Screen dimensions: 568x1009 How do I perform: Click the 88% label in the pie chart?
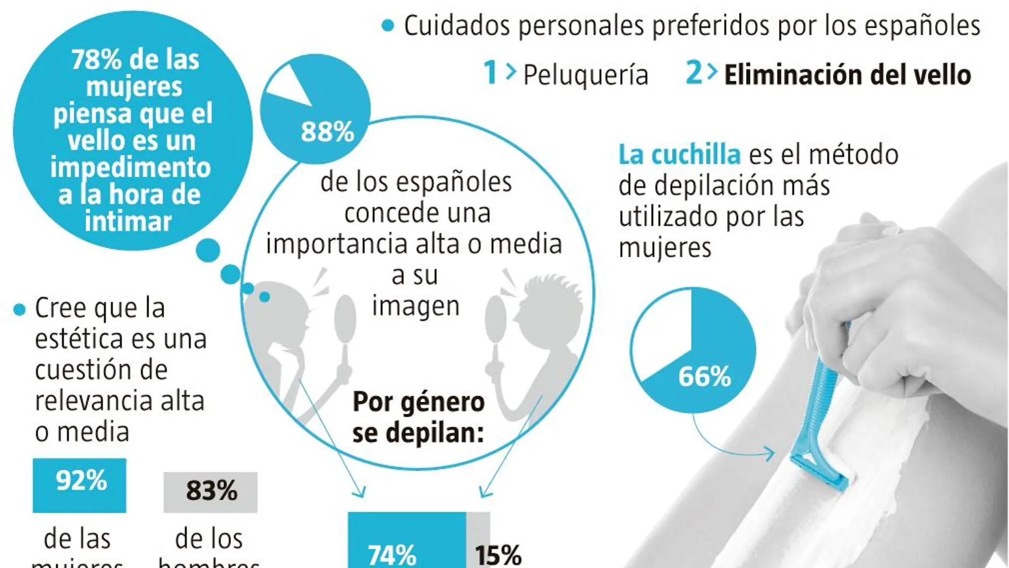(x=327, y=132)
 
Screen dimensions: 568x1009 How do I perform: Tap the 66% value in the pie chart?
(x=704, y=377)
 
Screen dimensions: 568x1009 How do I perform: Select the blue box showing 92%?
(x=80, y=485)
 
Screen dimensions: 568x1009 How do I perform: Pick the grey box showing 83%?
(x=211, y=491)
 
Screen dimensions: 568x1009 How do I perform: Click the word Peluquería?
(x=586, y=75)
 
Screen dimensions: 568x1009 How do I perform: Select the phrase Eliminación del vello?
(x=848, y=75)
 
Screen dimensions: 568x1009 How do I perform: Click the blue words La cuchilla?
(x=679, y=155)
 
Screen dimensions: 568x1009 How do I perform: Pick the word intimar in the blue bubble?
(x=129, y=221)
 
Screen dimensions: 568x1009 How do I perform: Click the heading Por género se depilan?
(x=418, y=417)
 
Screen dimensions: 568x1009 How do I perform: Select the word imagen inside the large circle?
(x=415, y=307)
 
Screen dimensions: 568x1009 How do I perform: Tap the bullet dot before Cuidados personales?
(x=388, y=26)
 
